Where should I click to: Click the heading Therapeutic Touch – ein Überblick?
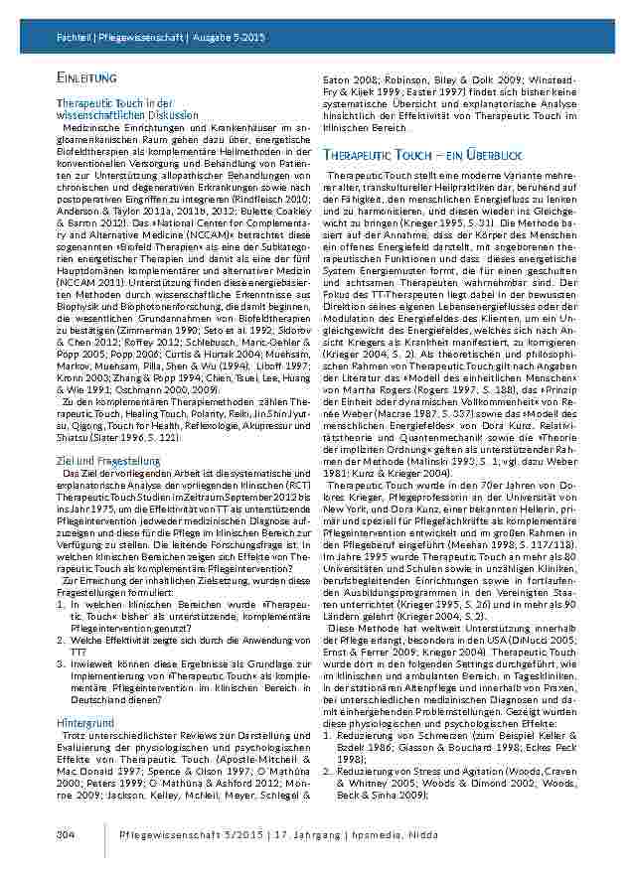pyautogui.click(x=421, y=156)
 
